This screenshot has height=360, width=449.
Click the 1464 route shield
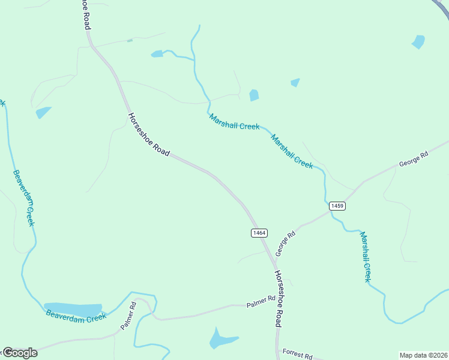click(x=259, y=233)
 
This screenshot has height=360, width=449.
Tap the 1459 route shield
click(x=337, y=206)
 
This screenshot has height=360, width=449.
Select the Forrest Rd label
click(x=297, y=355)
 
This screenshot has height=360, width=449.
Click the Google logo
click(x=20, y=353)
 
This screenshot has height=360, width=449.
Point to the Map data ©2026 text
click(x=423, y=355)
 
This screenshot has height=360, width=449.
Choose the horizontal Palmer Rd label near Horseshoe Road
click(x=261, y=302)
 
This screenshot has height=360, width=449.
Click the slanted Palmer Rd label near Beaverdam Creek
click(x=128, y=315)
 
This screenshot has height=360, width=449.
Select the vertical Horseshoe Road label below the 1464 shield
click(x=279, y=298)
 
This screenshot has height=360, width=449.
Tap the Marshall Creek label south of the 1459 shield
click(x=366, y=256)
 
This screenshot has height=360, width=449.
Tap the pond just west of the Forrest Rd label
click(x=222, y=340)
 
